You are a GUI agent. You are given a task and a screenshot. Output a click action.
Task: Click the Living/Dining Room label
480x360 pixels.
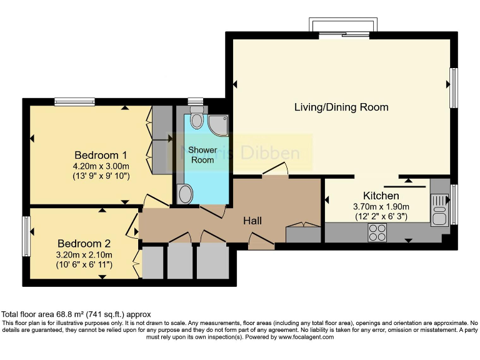click(341, 107)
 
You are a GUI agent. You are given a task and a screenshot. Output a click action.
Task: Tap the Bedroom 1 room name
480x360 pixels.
click(101, 155)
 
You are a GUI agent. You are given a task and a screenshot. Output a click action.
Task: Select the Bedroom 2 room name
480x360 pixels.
click(84, 244)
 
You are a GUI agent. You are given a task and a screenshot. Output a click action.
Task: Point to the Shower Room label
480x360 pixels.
click(202, 155)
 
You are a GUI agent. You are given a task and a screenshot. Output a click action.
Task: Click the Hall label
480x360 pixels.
click(252, 221)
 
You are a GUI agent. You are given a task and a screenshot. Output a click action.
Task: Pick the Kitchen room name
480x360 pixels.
click(381, 196)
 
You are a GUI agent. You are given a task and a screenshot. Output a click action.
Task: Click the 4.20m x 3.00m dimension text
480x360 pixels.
click(101, 166)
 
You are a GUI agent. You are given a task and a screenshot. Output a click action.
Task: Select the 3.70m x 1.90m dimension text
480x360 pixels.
click(381, 207)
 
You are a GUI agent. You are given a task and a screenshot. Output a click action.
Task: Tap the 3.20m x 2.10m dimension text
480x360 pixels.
click(84, 254)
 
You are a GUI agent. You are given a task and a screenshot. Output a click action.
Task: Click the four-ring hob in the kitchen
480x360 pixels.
click(377, 232)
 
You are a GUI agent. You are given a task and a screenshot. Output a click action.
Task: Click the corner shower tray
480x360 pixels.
click(217, 125)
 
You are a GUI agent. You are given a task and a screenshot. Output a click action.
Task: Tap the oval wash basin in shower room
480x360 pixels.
click(186, 195)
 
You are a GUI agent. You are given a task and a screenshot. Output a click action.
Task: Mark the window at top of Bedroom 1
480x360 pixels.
click(74, 101)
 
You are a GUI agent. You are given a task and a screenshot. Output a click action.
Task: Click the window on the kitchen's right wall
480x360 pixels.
click(454, 204)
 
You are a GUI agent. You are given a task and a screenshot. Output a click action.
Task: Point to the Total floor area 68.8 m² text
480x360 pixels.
click(76, 314)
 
